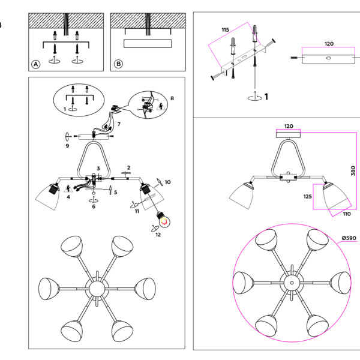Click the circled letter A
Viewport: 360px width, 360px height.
tap(35, 64)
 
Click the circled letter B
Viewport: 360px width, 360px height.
tap(118, 64)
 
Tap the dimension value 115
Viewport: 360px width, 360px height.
tap(225, 29)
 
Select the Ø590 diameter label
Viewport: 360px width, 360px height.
tap(349, 238)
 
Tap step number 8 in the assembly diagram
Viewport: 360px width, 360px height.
tap(172, 97)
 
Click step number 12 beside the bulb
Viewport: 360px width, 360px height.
tap(158, 235)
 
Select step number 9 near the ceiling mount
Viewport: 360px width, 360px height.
tap(67, 146)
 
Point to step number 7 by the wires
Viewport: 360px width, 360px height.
tap(119, 124)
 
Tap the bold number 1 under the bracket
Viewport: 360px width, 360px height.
tap(266, 96)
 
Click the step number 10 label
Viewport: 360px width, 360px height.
tap(167, 181)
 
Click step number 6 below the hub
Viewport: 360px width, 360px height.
tap(94, 207)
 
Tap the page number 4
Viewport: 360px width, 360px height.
tap(1, 25)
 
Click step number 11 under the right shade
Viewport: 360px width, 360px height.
tap(137, 211)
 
